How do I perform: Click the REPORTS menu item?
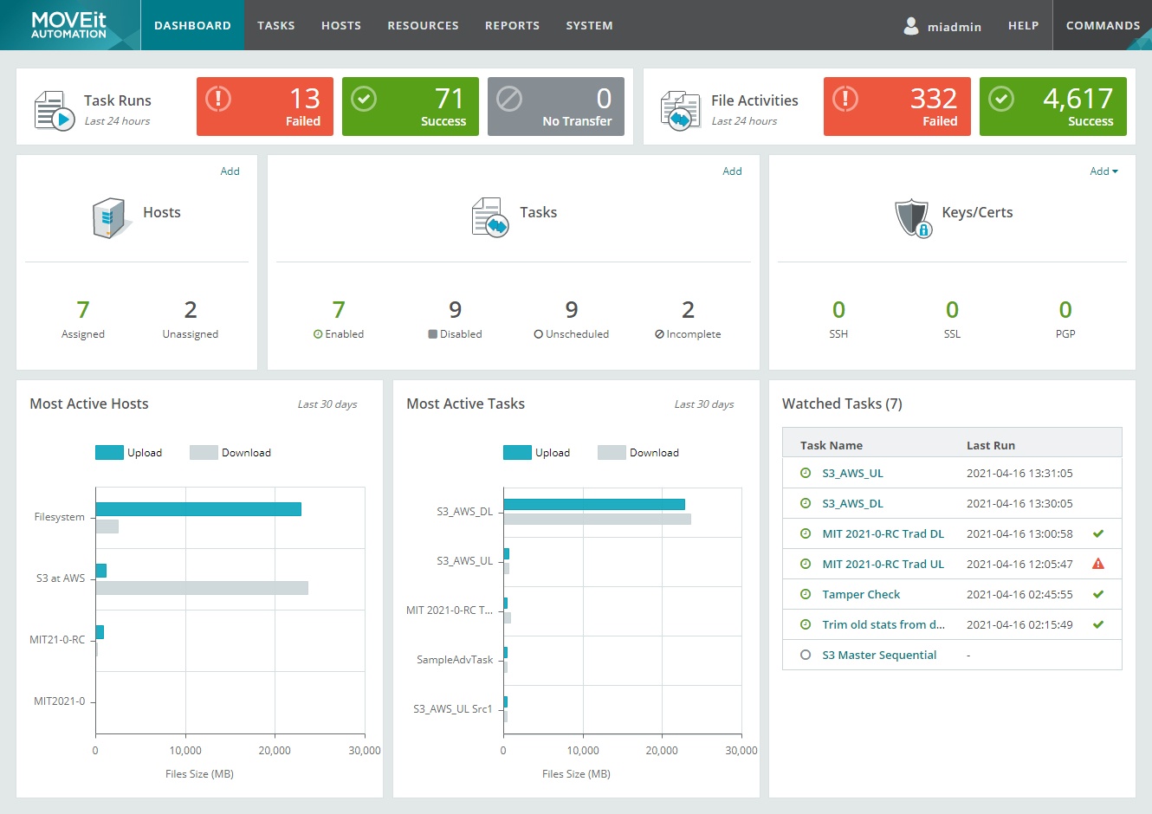pyautogui.click(x=512, y=25)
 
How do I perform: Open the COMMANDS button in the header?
pyautogui.click(x=1102, y=25)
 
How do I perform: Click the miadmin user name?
pyautogui.click(x=954, y=26)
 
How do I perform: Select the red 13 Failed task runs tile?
pyautogui.click(x=265, y=107)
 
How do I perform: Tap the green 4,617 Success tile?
pyautogui.click(x=1052, y=107)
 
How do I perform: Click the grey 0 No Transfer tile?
pyautogui.click(x=555, y=107)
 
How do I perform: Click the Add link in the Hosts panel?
pyautogui.click(x=230, y=171)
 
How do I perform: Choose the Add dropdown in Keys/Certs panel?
pyautogui.click(x=1103, y=171)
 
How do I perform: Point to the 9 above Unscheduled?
pyautogui.click(x=572, y=310)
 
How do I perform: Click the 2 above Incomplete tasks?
pyautogui.click(x=688, y=310)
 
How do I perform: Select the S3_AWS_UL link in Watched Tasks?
pyautogui.click(x=852, y=474)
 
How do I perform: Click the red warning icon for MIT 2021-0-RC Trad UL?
pyautogui.click(x=1098, y=564)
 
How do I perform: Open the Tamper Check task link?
pyautogui.click(x=861, y=595)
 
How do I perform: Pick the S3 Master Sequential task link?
pyautogui.click(x=879, y=656)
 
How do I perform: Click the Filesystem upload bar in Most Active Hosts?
pyautogui.click(x=198, y=509)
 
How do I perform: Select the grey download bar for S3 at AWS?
pyautogui.click(x=202, y=588)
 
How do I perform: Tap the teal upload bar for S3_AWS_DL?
pyautogui.click(x=594, y=504)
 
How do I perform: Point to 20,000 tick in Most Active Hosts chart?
pyautogui.click(x=275, y=750)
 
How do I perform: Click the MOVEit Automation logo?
pyautogui.click(x=69, y=25)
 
